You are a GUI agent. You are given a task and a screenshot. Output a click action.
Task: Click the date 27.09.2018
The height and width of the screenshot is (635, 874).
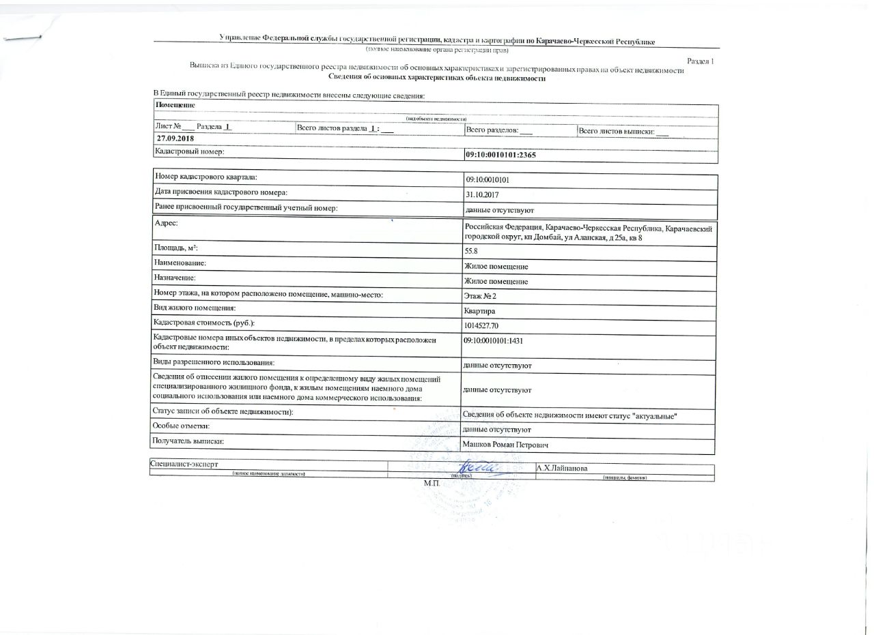click(x=175, y=139)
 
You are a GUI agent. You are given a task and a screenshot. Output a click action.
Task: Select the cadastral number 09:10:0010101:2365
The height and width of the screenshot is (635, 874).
click(x=501, y=156)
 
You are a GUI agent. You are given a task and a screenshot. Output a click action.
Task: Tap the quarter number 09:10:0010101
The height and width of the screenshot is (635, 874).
click(x=487, y=181)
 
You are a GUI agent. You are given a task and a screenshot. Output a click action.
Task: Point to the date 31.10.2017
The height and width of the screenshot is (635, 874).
click(x=481, y=195)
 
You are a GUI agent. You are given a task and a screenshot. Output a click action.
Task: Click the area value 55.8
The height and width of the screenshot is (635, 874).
click(x=470, y=251)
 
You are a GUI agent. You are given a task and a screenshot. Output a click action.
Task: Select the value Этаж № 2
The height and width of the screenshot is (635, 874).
click(x=480, y=296)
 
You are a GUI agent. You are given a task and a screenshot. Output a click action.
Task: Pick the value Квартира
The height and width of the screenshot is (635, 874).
click(x=479, y=311)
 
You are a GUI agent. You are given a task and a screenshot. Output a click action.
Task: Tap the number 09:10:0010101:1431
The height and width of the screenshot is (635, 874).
click(x=497, y=340)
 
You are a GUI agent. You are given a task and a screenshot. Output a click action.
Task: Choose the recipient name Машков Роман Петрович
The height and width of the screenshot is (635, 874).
click(x=505, y=445)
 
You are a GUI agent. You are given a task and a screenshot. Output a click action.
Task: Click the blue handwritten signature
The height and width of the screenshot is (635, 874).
click(x=481, y=467)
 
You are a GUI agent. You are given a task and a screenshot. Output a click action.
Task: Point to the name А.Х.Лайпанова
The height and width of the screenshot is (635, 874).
click(x=562, y=469)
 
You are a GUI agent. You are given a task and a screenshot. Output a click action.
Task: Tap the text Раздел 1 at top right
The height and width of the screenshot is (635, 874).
click(x=700, y=61)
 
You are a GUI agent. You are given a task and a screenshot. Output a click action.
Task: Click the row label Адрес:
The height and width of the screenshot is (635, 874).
click(x=167, y=224)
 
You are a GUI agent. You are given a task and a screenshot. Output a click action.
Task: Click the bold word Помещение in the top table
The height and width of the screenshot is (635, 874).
click(x=175, y=105)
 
